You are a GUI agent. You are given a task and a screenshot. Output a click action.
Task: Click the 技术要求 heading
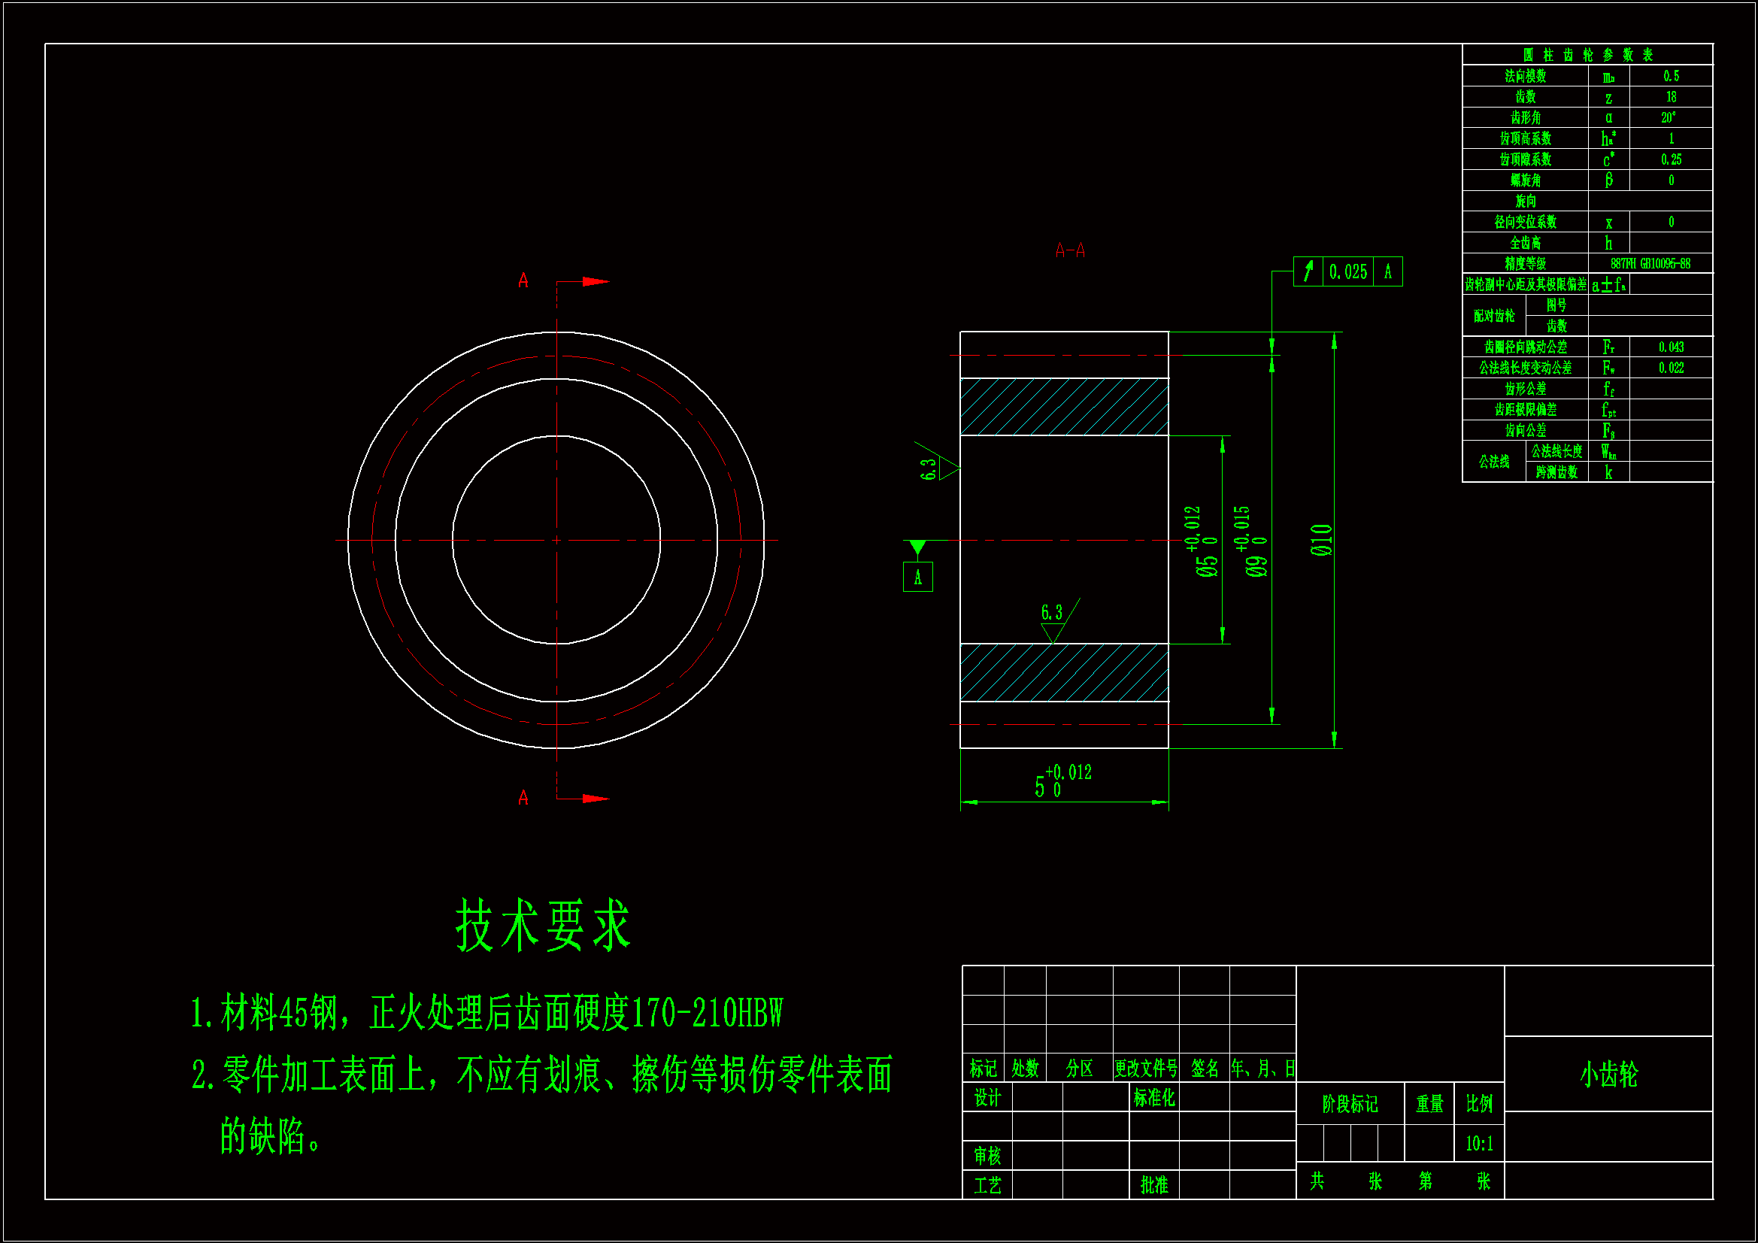(542, 925)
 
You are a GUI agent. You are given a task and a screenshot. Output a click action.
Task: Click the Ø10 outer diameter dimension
(1323, 540)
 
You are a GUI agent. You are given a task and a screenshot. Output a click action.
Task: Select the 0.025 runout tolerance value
(1347, 272)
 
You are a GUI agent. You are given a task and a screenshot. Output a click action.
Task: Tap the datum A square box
(917, 578)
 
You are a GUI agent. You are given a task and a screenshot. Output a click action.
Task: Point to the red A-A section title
(1070, 250)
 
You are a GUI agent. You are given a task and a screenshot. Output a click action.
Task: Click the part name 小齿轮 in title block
(1608, 1074)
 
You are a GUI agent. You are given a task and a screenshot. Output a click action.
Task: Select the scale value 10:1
(1478, 1144)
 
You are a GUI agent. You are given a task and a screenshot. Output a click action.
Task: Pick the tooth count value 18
(1671, 97)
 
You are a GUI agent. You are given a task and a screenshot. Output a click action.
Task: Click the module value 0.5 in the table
(1671, 76)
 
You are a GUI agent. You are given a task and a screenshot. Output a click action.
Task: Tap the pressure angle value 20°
(1669, 118)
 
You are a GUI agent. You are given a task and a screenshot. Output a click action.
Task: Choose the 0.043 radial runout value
(1671, 347)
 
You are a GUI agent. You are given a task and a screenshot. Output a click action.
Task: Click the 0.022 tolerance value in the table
(1671, 368)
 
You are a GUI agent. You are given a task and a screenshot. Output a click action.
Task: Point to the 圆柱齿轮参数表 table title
(1587, 54)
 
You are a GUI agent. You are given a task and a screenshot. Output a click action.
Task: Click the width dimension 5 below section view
(1039, 787)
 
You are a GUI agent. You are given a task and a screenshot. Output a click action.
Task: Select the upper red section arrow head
(596, 282)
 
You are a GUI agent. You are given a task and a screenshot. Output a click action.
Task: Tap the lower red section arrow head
(596, 799)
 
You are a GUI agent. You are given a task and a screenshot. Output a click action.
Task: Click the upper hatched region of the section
(1063, 407)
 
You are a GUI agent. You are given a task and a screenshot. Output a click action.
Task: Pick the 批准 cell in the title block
(1154, 1185)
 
